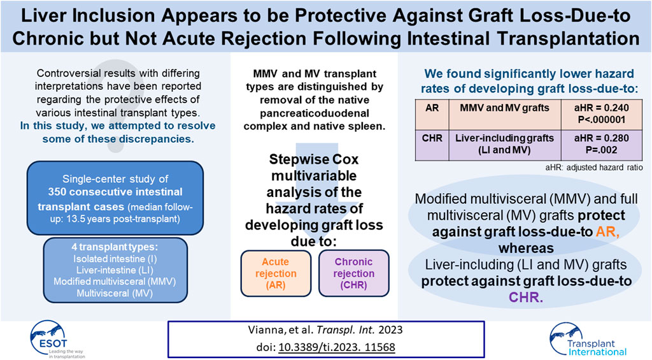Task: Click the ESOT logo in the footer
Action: tap(56, 340)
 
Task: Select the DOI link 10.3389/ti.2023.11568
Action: tap(336, 347)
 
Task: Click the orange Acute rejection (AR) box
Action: tap(276, 273)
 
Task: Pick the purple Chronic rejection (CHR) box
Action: tap(354, 273)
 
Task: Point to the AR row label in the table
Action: tap(432, 108)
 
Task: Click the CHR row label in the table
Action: tap(432, 138)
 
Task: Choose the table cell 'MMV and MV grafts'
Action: tap(504, 108)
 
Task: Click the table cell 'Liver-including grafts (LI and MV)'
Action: tap(504, 144)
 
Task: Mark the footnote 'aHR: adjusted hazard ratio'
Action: tap(594, 168)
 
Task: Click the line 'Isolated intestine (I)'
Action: tap(115, 259)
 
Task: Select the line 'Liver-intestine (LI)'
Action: tap(115, 271)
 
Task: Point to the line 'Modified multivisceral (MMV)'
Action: tap(115, 282)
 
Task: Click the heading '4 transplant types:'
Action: tap(115, 247)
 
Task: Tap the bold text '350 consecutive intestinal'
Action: tap(115, 192)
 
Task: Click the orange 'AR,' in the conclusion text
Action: tap(608, 232)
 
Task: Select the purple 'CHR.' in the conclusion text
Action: tap(526, 298)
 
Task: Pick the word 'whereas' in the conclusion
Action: tap(526, 248)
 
